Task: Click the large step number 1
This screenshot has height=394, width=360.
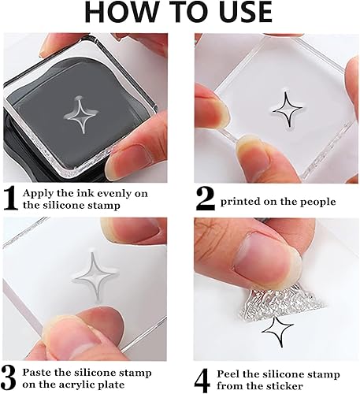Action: [10, 199]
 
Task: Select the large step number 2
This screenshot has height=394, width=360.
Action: [206, 199]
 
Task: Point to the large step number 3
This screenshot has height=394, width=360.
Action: [9, 378]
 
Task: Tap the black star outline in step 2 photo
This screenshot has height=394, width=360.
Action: [287, 110]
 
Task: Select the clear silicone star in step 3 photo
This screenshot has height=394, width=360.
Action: [94, 276]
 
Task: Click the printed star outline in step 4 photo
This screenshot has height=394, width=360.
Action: [277, 332]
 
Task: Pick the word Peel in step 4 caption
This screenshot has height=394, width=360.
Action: [228, 374]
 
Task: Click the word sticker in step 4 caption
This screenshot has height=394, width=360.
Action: [284, 386]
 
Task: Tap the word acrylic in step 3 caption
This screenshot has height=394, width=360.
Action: [75, 385]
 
